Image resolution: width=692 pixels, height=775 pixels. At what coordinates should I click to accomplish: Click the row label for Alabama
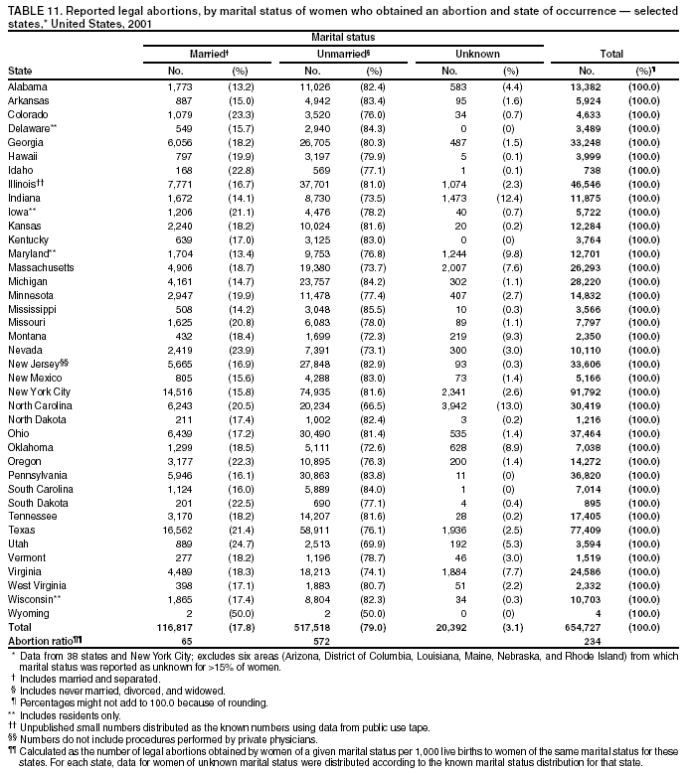click(27, 86)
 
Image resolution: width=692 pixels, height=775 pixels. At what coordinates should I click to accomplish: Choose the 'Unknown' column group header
click(477, 53)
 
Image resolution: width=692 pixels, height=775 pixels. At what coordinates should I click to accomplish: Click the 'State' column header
click(19, 72)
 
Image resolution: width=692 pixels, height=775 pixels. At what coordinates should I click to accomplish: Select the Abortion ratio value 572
click(321, 642)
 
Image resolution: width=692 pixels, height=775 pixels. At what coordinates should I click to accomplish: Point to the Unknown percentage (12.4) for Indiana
click(510, 198)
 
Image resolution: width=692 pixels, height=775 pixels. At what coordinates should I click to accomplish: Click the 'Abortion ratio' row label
click(44, 642)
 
